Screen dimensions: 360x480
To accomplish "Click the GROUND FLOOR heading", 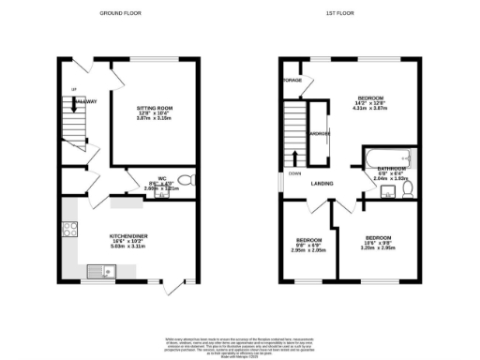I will (120, 14).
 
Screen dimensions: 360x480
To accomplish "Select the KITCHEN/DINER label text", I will (127, 237).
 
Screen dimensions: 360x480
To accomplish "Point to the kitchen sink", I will (100, 272).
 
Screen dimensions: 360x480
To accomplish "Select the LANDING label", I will (324, 184).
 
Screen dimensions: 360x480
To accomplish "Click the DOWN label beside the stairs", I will (294, 173).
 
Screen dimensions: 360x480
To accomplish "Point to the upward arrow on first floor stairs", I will (297, 156).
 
